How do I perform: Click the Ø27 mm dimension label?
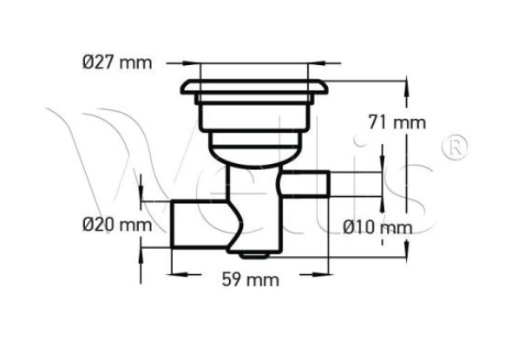pos(114,62)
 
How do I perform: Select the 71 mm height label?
pos(397,122)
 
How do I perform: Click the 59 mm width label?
pos(247,280)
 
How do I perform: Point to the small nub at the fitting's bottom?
pos(252,255)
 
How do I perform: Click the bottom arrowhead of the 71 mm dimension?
pos(406,252)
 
